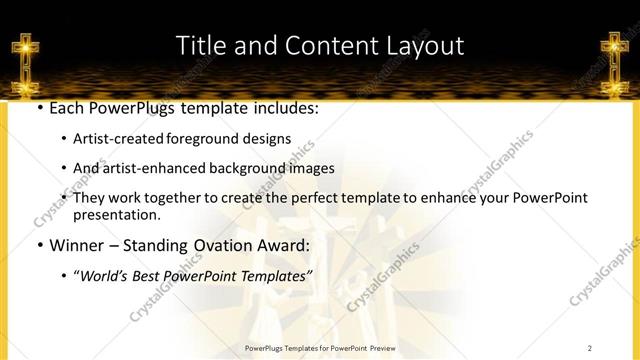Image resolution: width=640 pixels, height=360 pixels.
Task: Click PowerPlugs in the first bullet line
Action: [130, 108]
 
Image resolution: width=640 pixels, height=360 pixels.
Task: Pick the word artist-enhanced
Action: [151, 168]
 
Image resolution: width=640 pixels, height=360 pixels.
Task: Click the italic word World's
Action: [106, 275]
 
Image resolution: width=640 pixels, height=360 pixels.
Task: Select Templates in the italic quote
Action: [278, 275]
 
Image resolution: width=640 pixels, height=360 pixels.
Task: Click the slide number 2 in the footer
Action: [590, 348]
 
